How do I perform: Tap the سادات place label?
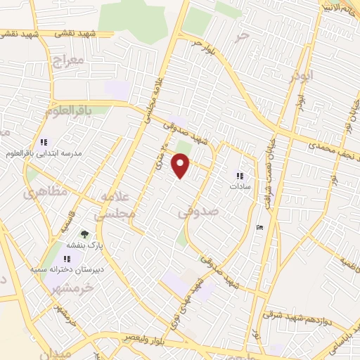click(240, 188)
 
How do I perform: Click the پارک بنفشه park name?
click(85, 246)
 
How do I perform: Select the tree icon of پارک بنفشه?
click(85, 235)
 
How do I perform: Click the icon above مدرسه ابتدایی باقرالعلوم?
click(44, 141)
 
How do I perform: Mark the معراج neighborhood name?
click(67, 62)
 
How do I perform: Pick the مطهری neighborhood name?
click(35, 191)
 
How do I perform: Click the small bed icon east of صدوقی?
click(259, 226)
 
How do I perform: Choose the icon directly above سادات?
click(240, 176)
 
